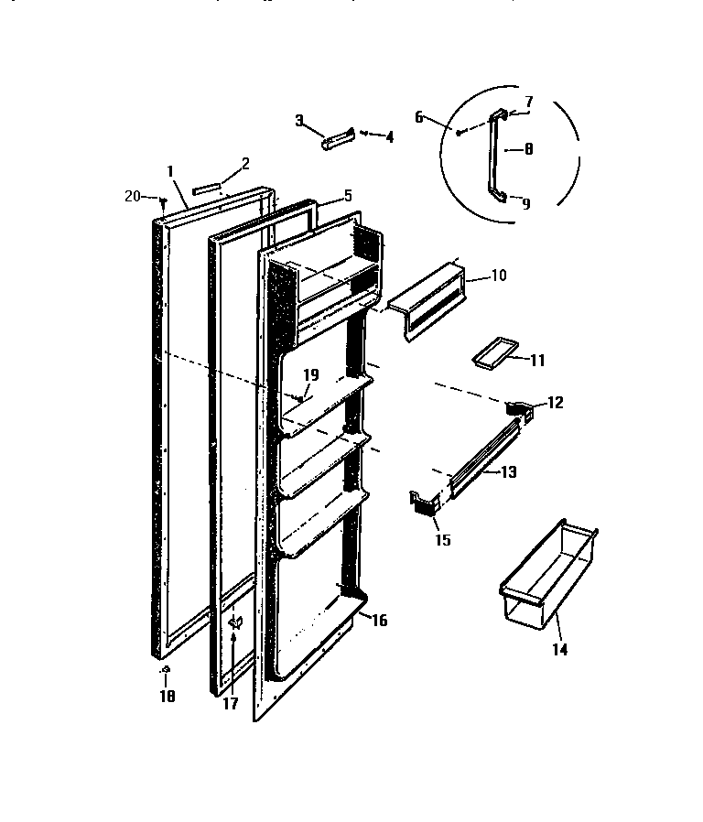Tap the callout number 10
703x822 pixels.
point(498,275)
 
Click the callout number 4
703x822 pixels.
point(389,137)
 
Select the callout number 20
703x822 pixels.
point(132,195)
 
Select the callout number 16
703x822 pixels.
point(379,621)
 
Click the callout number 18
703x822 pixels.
point(167,696)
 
